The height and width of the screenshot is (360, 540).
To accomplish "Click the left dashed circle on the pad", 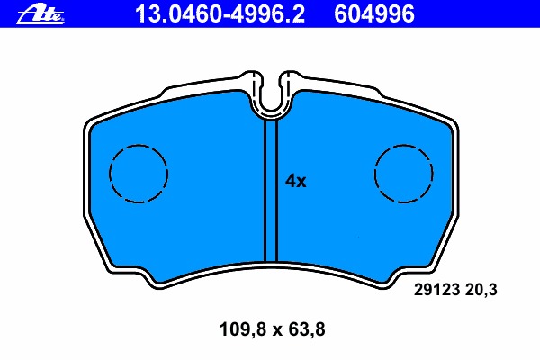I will coord(139,174).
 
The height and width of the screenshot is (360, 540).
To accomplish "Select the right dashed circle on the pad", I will coord(403,174).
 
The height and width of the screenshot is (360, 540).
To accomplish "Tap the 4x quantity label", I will coord(296,182).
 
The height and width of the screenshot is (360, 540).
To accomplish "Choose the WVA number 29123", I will coord(436,290).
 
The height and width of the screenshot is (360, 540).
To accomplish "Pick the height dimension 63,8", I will coord(303,329).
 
